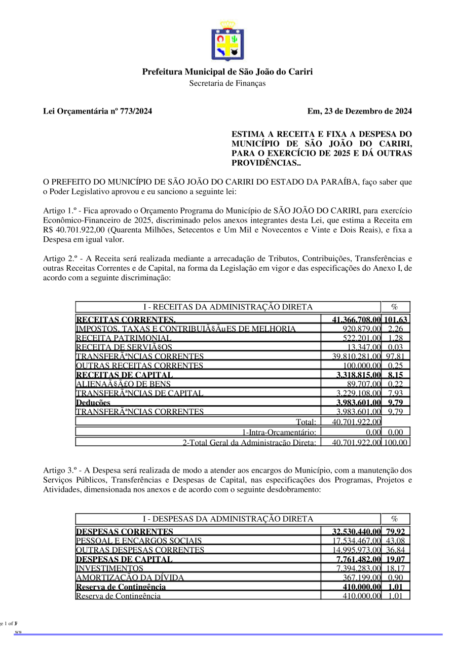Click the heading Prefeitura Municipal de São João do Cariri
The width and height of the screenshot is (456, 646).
[x=227, y=71]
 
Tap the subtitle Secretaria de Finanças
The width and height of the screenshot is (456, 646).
[x=227, y=83]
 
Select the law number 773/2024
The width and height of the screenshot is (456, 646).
[x=135, y=111]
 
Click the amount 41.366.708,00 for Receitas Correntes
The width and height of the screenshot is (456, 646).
[x=356, y=320]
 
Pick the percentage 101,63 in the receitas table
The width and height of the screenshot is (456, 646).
[x=396, y=320]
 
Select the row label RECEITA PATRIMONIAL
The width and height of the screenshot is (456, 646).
[x=124, y=338]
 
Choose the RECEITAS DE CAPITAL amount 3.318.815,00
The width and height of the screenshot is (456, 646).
[x=358, y=375]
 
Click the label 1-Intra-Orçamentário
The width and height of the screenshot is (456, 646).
[x=279, y=432]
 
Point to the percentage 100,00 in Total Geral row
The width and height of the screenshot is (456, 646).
[x=395, y=443]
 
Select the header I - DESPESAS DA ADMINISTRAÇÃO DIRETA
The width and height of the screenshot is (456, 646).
[x=228, y=519]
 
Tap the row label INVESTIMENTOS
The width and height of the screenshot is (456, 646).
[x=109, y=568]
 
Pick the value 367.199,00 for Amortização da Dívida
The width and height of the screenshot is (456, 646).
[x=361, y=578]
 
